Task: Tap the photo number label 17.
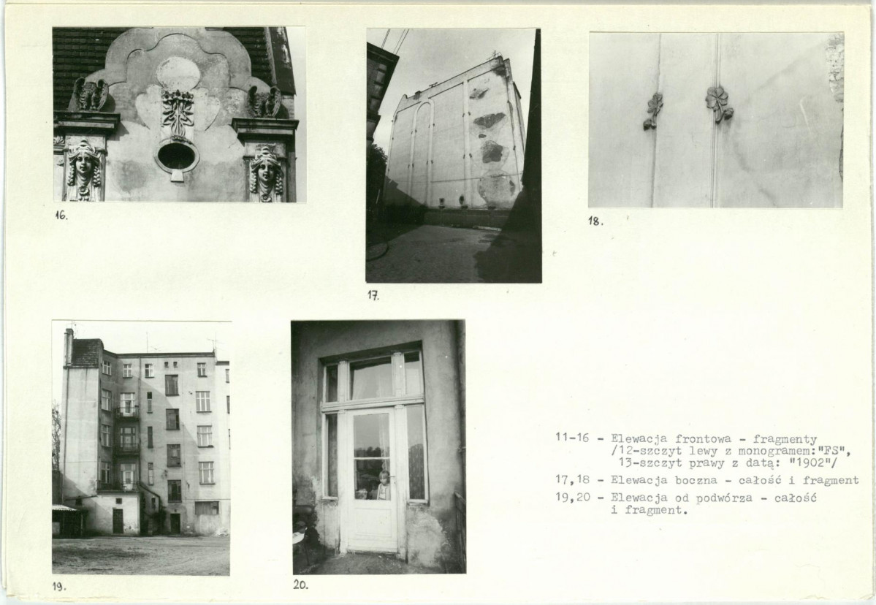tap(373, 296)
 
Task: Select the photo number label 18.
tap(595, 221)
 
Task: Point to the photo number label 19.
tap(59, 587)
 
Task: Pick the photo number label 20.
tap(300, 585)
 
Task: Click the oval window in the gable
tap(178, 156)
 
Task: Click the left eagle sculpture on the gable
tap(91, 94)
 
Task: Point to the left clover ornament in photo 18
tap(652, 110)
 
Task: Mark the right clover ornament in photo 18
tap(718, 103)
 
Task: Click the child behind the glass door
tap(384, 485)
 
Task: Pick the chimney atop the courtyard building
tap(69, 346)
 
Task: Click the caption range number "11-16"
tap(572, 438)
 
